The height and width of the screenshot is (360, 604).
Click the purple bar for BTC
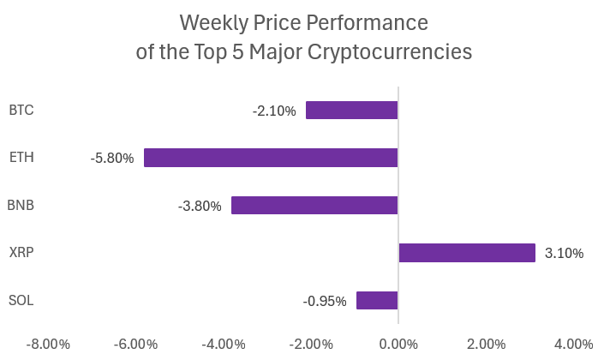pyautogui.click(x=351, y=110)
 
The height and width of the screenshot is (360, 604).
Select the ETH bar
pyautogui.click(x=271, y=158)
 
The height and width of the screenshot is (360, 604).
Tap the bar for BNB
pyautogui.click(x=314, y=206)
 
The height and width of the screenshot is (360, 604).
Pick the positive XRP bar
pyautogui.click(x=467, y=253)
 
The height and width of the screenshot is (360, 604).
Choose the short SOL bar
pyautogui.click(x=377, y=300)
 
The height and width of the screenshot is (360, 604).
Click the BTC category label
pyautogui.click(x=21, y=110)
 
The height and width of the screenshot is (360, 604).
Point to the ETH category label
pyautogui.click(x=21, y=158)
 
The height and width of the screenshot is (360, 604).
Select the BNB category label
pyautogui.click(x=21, y=206)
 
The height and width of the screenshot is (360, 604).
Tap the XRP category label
pyautogui.click(x=21, y=253)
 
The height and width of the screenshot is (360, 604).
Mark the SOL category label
pyautogui.click(x=21, y=300)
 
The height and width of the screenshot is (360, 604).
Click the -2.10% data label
pyautogui.click(x=274, y=111)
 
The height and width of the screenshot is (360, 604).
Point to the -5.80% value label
pyautogui.click(x=112, y=159)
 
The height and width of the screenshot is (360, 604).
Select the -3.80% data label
pyautogui.click(x=200, y=207)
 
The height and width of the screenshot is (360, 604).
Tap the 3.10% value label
pyautogui.click(x=564, y=254)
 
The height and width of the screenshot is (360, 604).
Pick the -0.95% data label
pyautogui.click(x=325, y=301)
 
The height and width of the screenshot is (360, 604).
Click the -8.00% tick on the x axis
pyautogui.click(x=48, y=344)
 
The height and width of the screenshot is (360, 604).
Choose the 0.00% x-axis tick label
pyautogui.click(x=398, y=344)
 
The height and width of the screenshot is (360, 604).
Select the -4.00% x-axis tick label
pyautogui.click(x=223, y=344)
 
